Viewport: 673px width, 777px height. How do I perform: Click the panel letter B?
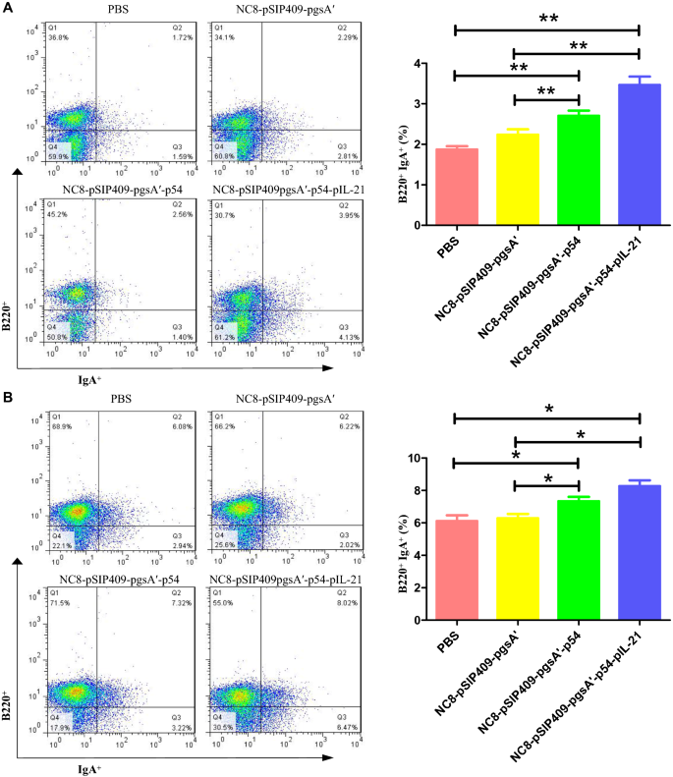[9, 399]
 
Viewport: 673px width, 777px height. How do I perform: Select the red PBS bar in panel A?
[456, 187]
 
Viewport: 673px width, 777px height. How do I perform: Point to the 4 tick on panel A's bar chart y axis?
[417, 64]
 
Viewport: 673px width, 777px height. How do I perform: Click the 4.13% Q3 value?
[349, 337]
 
